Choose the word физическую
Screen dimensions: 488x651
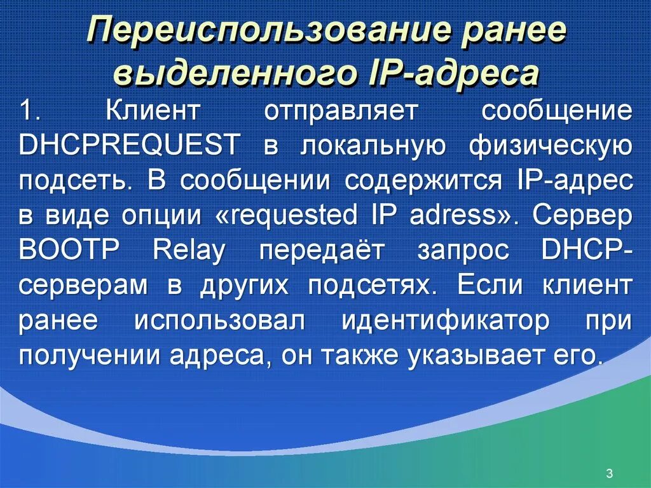pyautogui.click(x=550, y=146)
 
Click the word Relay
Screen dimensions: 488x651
pyautogui.click(x=189, y=251)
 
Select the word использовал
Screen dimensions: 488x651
pyautogui.click(x=219, y=321)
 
